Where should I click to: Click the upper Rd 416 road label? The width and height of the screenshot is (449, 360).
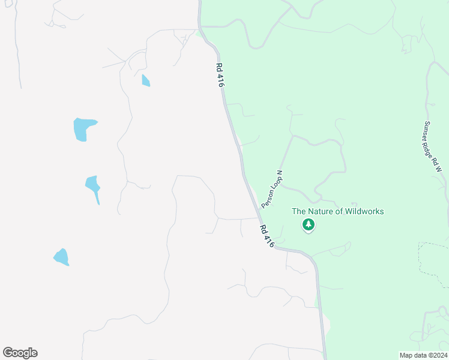[220, 77]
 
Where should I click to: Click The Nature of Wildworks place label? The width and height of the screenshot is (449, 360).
[337, 211]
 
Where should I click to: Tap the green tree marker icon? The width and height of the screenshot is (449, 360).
[309, 225]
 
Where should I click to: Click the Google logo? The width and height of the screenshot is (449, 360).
[20, 353]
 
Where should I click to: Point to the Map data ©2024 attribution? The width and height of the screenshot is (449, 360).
[423, 355]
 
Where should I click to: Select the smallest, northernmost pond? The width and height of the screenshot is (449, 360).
[146, 80]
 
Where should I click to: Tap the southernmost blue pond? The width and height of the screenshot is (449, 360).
[61, 257]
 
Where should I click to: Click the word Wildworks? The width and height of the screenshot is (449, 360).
[363, 211]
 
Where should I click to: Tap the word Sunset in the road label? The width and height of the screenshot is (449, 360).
[427, 130]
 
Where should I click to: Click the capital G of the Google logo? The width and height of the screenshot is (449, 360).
[8, 352]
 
